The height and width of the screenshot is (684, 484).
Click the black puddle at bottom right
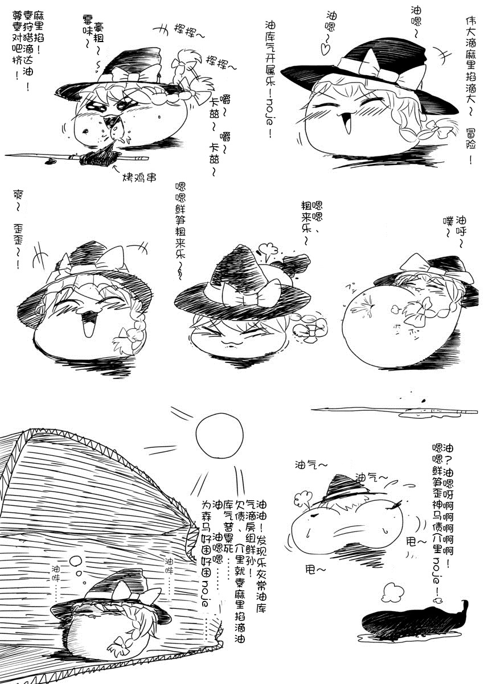pyautogui.click(x=416, y=621)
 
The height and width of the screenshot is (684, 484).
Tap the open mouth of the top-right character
pyautogui.click(x=347, y=125)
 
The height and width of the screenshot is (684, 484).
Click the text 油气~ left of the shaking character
pyautogui.click(x=311, y=465)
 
